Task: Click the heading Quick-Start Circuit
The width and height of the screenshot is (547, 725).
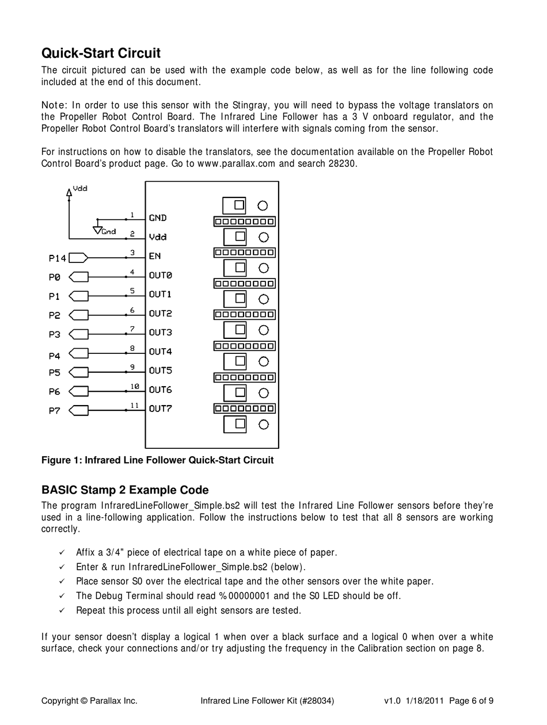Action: click(101, 54)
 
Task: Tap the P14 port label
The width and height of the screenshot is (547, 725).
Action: click(57, 258)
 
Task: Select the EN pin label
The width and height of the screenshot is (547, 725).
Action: click(155, 256)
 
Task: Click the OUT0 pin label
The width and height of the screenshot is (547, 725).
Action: click(160, 276)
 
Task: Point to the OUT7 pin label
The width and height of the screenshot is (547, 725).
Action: click(160, 409)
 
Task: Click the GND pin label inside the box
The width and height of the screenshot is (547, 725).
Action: click(158, 218)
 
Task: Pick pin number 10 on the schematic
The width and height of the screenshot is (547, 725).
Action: click(135, 387)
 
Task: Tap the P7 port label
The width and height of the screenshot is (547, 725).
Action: click(54, 411)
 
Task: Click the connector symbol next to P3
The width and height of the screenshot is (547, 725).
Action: click(78, 334)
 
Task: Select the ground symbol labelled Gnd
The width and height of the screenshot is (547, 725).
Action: click(97, 230)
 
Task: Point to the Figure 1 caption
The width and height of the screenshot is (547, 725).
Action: click(157, 460)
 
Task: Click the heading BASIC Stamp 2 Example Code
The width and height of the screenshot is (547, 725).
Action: click(125, 490)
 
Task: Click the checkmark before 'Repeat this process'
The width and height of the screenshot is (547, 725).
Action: click(62, 610)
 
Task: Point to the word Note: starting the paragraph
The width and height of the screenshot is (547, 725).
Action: click(55, 105)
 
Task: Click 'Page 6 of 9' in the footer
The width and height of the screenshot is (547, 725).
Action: click(471, 701)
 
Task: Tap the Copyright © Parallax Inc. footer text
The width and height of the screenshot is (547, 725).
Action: click(89, 701)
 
